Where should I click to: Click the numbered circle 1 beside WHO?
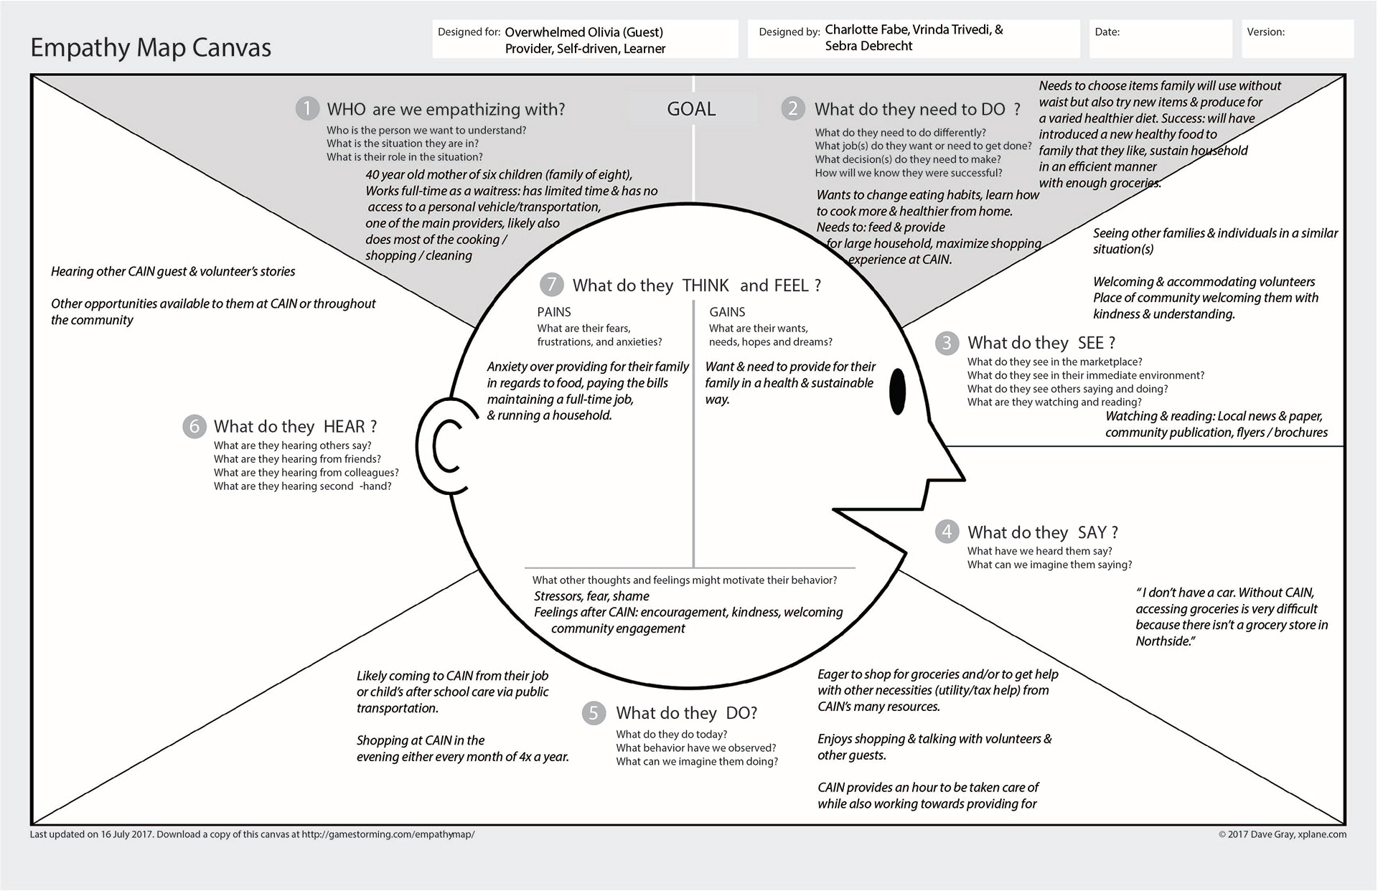(307, 108)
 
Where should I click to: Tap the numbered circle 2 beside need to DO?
(793, 108)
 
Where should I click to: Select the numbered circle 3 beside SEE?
(947, 343)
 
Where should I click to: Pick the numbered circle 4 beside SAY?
(947, 532)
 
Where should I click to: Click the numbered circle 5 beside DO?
(594, 712)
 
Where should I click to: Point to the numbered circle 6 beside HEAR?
(194, 426)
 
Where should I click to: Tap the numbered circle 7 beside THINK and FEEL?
(551, 285)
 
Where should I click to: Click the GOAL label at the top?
(691, 109)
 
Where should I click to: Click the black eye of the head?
(897, 391)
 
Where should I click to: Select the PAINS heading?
(554, 312)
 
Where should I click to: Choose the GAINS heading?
(727, 312)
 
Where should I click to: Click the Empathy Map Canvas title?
(151, 47)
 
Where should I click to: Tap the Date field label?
(1107, 32)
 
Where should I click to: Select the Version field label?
(1265, 32)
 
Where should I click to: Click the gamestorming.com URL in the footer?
(388, 834)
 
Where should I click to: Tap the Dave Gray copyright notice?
(1282, 834)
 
